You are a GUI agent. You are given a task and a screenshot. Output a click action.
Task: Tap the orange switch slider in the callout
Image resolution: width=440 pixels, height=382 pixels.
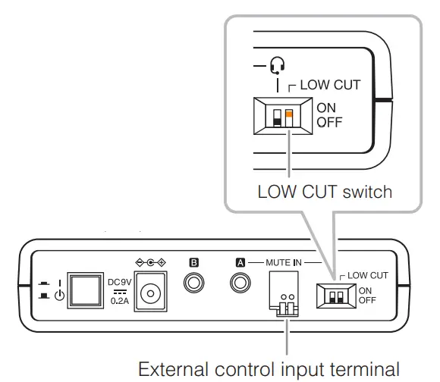(x=288, y=114)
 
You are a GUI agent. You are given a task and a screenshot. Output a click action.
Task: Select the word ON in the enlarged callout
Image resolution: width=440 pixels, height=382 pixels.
(x=326, y=108)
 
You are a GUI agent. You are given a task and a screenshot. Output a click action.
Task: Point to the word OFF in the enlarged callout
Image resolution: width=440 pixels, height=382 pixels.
(x=328, y=121)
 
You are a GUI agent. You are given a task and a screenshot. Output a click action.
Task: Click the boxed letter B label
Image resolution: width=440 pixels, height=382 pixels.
(x=193, y=261)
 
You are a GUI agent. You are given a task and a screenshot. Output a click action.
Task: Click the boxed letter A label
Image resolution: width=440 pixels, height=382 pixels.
(x=240, y=261)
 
